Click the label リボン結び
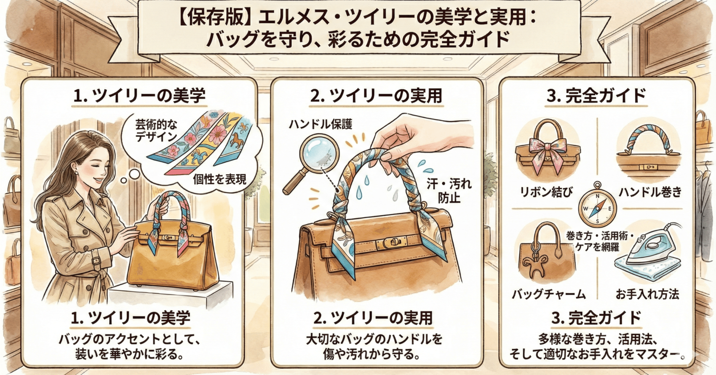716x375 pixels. pyautogui.click(x=547, y=193)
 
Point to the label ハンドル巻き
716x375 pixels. pyautogui.click(x=650, y=193)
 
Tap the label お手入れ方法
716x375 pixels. pyautogui.click(x=647, y=294)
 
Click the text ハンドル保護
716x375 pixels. pyautogui.click(x=320, y=124)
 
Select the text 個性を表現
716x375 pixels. pyautogui.click(x=220, y=179)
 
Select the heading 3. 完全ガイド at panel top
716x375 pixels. pyautogui.click(x=597, y=96)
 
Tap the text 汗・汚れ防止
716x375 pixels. pyautogui.click(x=449, y=190)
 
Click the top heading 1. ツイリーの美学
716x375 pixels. pyautogui.click(x=139, y=96)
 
